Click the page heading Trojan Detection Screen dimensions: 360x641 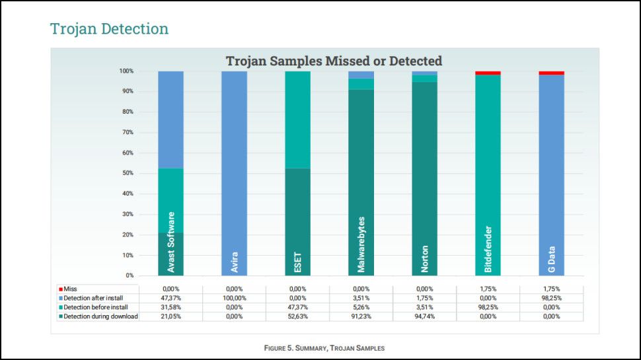(109, 29)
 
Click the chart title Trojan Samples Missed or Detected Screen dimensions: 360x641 (334, 61)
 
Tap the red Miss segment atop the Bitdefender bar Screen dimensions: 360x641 (488, 73)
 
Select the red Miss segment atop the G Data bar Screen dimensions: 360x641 (551, 73)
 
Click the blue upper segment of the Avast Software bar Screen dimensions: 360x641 (170, 119)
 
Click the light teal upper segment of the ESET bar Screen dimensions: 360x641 (297, 119)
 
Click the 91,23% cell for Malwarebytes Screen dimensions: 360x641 (361, 316)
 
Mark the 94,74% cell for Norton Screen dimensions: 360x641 (424, 316)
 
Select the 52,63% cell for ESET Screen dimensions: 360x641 (297, 316)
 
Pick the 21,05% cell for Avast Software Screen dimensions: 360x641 (170, 316)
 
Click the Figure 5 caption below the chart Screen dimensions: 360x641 (324, 347)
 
